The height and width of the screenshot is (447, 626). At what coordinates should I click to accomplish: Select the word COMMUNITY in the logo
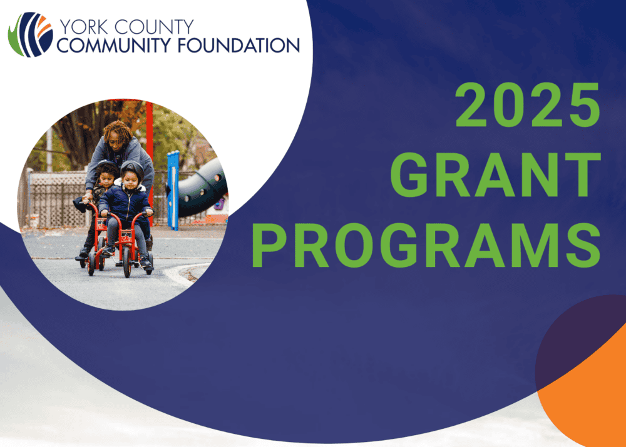pos(114,45)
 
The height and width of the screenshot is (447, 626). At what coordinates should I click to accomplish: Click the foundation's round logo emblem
pos(30,34)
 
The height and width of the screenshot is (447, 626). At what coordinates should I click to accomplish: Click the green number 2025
pos(528,104)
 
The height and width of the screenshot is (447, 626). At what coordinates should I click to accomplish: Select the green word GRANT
pos(495,175)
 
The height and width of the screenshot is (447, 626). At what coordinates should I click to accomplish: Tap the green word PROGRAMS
pos(426,246)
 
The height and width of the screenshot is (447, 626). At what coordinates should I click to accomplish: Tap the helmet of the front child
pos(132,169)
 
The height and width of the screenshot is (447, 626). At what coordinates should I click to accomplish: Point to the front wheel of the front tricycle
pos(127,262)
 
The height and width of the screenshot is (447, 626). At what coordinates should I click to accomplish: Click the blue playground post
pos(173,191)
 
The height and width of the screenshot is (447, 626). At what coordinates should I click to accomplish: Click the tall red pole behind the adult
pos(150,151)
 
